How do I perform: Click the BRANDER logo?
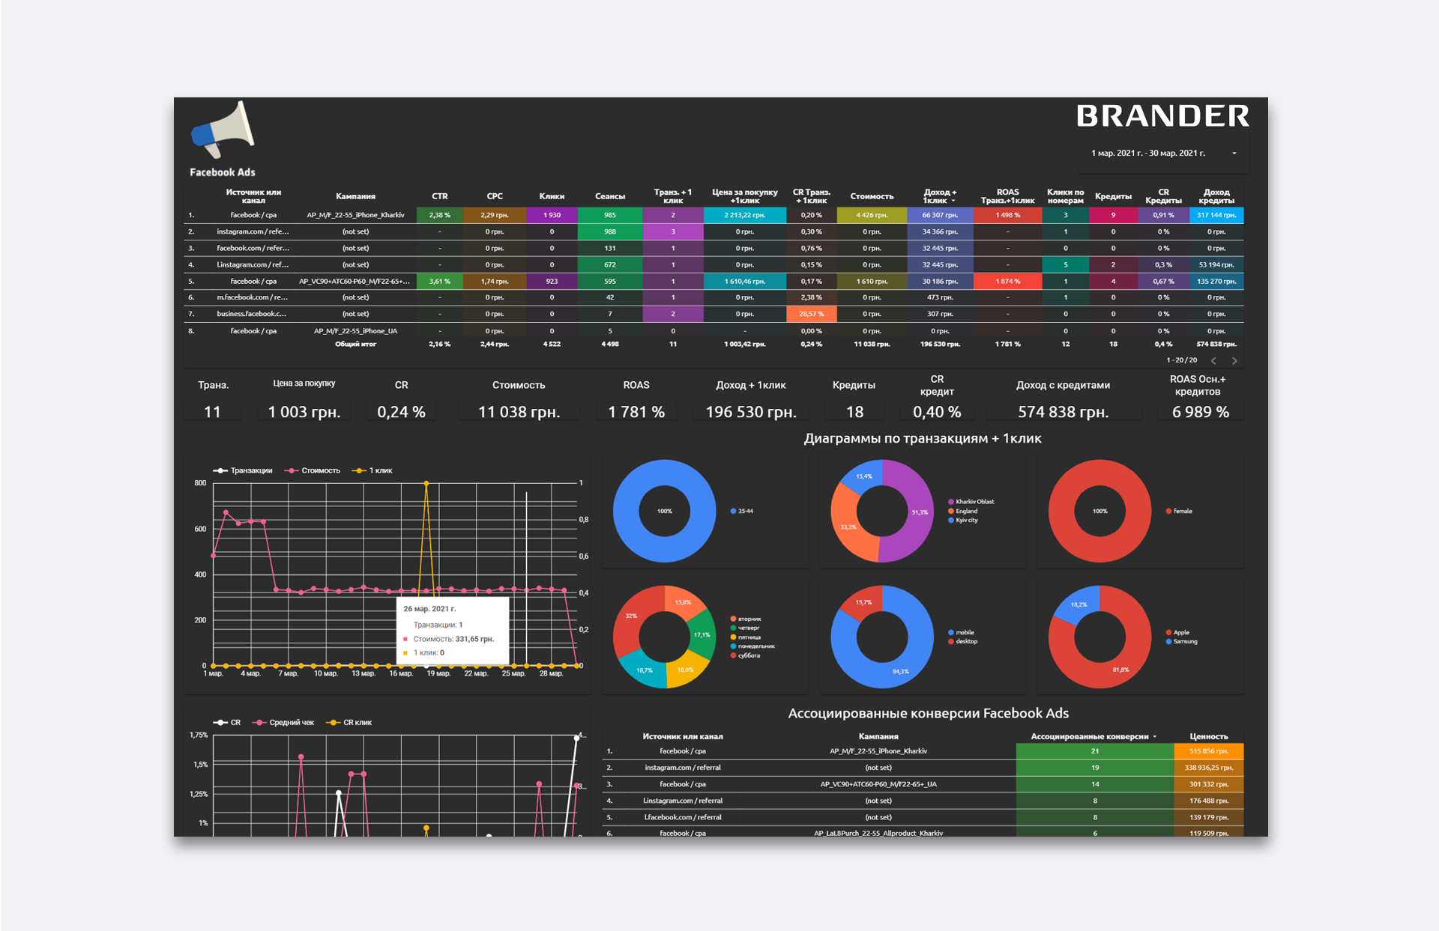1162,116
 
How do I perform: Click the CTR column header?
439,196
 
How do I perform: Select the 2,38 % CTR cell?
439,215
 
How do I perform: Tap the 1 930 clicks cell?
552,215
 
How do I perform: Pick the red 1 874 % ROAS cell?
1007,282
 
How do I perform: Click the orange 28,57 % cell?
811,315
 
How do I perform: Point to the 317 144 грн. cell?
1216,215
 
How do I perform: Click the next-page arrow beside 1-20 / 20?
1234,361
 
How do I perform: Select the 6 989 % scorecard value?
1200,412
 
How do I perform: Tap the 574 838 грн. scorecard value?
1063,412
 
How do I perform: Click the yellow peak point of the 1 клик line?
426,484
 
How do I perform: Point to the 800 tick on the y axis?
200,483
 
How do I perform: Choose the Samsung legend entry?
1185,642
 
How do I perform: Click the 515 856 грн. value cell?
1208,751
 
